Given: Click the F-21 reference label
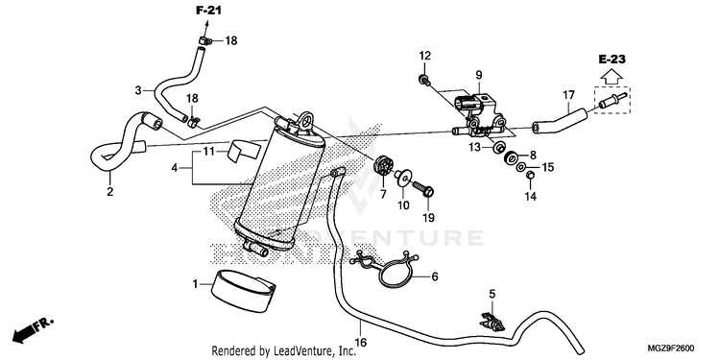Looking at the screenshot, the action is [208, 11].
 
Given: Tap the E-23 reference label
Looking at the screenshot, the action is [612, 60].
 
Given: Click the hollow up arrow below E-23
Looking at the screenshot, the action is [612, 76].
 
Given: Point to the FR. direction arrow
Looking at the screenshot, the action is [32, 330].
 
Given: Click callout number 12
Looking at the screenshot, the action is [425, 56].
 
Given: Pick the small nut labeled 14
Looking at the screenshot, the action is [529, 175].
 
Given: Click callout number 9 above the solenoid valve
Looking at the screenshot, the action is [478, 75].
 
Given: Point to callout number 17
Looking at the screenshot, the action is [568, 95].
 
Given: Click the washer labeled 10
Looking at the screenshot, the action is [403, 177].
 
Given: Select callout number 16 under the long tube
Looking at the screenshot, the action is [361, 342].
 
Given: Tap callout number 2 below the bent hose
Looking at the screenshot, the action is [109, 191].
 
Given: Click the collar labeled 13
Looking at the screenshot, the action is [497, 148].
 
